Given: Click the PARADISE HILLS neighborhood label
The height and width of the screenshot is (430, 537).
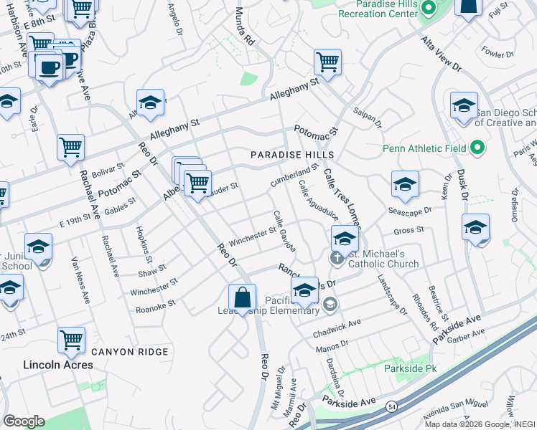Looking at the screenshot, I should point(291,155).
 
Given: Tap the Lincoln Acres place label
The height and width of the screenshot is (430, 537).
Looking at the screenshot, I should point(58,365).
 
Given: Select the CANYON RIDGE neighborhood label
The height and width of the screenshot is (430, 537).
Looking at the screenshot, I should point(129,352).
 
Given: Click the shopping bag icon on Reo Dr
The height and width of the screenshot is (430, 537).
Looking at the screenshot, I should point(243,297).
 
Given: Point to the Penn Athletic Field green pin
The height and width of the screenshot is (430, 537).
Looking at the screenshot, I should point(477,149).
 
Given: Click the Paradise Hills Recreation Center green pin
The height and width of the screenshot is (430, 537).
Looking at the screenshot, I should point(428,9).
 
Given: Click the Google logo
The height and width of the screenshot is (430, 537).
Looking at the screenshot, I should point(24,421).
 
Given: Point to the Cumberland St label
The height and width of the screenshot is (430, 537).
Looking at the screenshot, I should point(294,176).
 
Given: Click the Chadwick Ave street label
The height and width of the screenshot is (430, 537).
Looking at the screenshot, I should point(337,330).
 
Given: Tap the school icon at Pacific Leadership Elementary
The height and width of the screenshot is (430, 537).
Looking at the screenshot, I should point(305,290).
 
